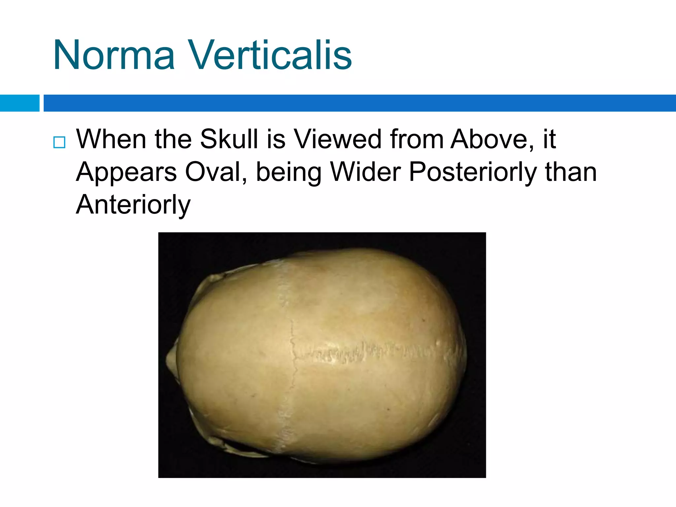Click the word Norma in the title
pos(114,55)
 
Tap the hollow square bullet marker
pos(59,142)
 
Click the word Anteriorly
pos(133,205)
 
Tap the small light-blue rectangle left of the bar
pos(19,103)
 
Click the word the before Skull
pos(173,139)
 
